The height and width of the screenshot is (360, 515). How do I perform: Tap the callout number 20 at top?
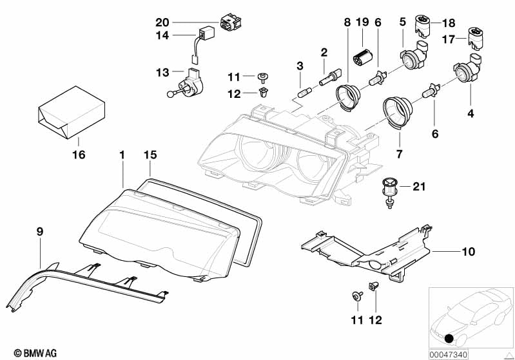162,21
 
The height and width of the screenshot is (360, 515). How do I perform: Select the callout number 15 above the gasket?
150,156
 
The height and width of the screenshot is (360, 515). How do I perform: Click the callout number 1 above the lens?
121,156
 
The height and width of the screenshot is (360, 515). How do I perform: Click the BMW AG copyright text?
23,353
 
